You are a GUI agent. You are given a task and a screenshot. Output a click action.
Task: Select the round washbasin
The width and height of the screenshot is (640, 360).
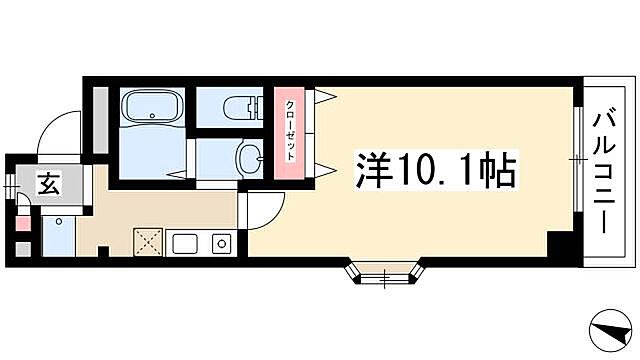coord(248,157)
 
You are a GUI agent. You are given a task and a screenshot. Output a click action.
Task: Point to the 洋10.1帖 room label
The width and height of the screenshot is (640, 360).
coord(435,171)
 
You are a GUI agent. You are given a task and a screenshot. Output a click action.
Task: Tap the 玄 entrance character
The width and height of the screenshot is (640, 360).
coord(49,184)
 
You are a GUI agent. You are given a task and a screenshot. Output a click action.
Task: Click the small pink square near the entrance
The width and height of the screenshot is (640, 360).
coord(23,223)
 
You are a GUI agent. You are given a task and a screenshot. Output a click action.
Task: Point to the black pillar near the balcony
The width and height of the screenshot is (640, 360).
coord(562,242)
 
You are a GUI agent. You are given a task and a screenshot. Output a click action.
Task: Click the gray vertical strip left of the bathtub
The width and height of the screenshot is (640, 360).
coord(101,119)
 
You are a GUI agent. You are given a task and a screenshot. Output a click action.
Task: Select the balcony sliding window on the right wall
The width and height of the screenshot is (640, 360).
coord(577,158)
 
